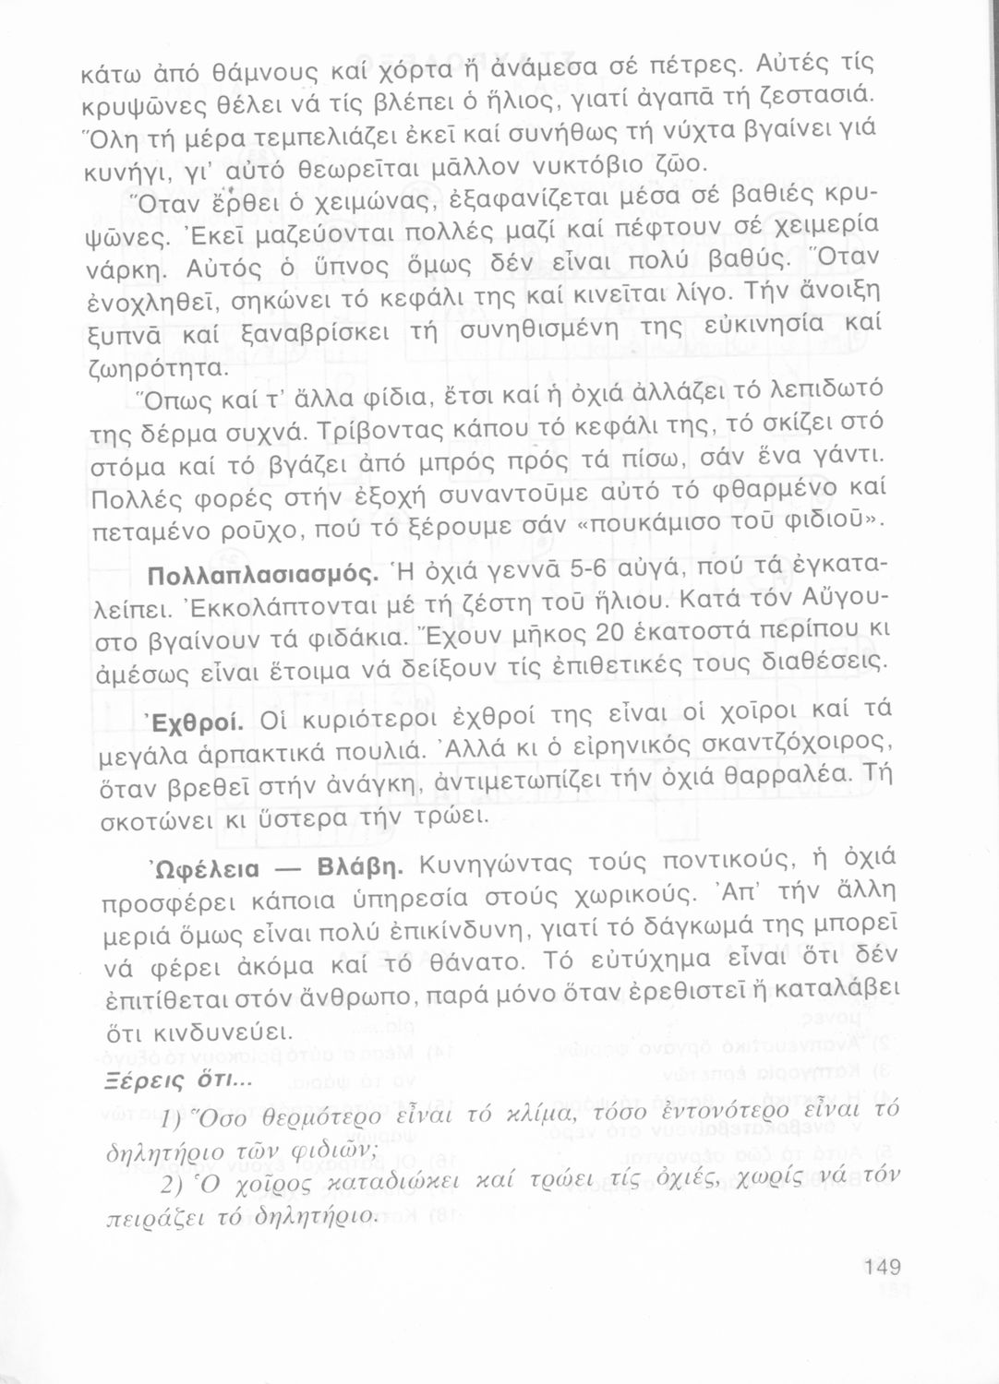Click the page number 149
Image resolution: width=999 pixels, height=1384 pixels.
(x=883, y=1267)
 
